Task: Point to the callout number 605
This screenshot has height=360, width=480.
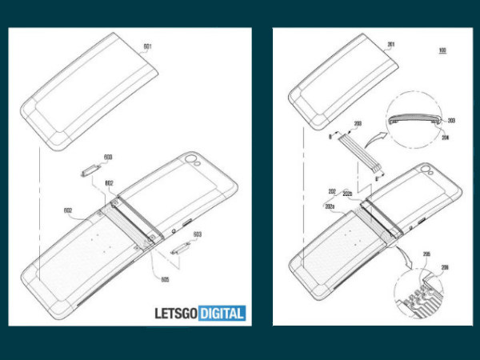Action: (164, 281)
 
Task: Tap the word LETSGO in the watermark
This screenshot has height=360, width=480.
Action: (179, 313)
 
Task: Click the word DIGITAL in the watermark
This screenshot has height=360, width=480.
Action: (224, 313)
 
